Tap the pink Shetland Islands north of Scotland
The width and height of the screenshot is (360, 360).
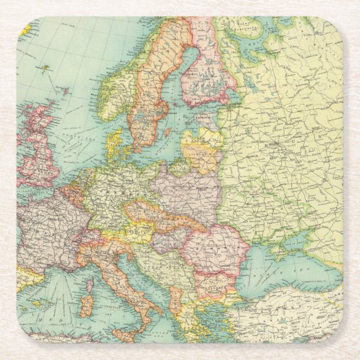pos(66,90)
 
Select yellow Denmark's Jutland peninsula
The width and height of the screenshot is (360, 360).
pos(113,143)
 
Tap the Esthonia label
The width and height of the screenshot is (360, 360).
pos(202,119)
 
